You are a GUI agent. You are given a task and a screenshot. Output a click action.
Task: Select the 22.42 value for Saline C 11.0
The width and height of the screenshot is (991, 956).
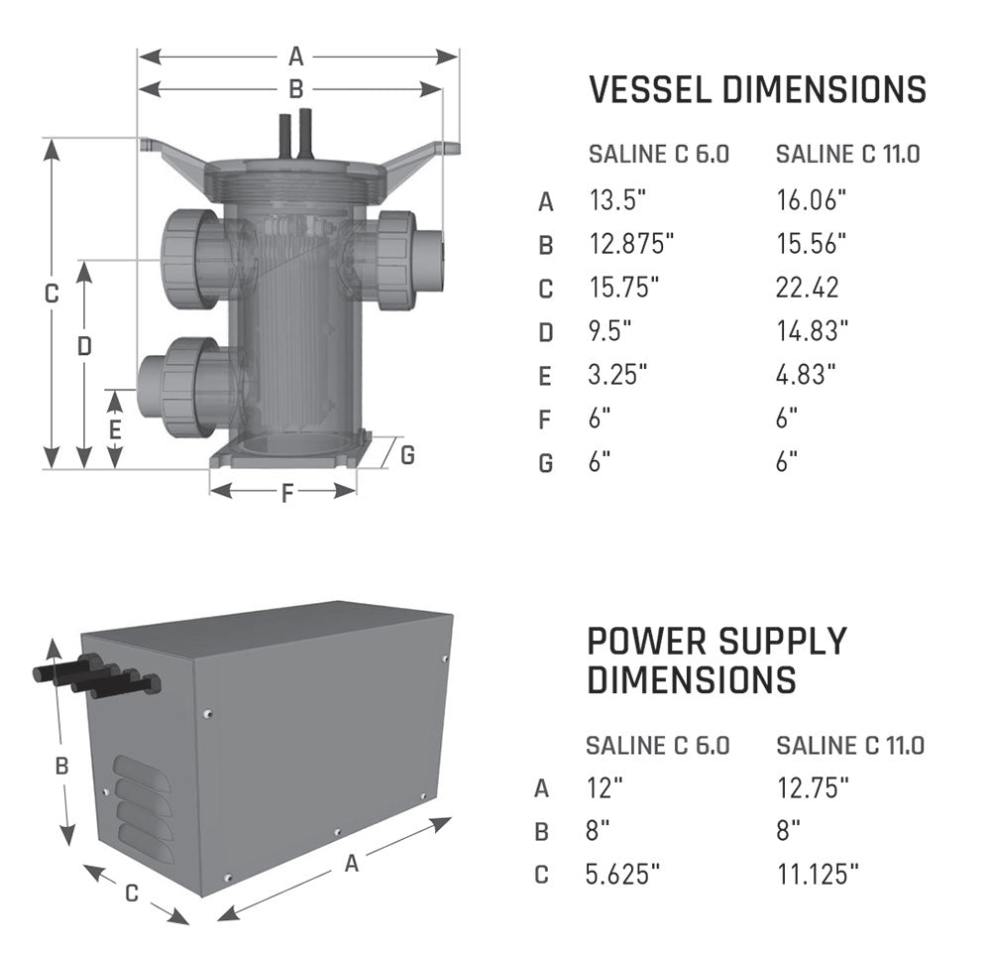807,288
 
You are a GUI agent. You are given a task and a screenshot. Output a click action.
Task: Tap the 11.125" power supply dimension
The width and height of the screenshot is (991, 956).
817,874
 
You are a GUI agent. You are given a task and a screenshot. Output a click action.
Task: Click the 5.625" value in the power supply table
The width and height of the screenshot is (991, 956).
622,874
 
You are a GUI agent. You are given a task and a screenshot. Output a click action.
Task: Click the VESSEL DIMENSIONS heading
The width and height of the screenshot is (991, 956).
757,90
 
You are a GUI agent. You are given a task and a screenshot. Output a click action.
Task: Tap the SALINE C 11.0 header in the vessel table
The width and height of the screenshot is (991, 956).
848,155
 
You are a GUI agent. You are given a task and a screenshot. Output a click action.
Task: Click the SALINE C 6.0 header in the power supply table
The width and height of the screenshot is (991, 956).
658,746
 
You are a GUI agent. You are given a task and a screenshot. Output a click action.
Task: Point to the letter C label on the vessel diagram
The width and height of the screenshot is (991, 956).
53,295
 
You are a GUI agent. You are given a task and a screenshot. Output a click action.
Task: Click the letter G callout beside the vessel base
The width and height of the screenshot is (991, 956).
407,455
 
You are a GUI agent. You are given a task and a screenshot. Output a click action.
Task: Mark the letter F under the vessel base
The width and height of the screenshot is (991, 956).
287,493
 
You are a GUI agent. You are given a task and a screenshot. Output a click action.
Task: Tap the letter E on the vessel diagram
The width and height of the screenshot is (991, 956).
115,429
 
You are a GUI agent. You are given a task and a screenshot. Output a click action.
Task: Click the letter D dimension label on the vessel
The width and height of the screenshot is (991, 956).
84,345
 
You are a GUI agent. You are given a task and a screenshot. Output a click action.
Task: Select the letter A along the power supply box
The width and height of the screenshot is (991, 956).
351,864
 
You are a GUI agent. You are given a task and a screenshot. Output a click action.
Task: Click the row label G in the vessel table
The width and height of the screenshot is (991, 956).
545,463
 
